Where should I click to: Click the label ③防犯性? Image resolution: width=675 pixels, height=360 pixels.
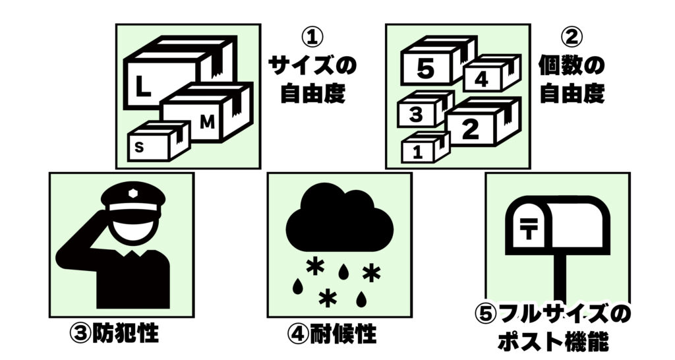[114, 333]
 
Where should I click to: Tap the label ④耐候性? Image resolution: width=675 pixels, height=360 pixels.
[332, 334]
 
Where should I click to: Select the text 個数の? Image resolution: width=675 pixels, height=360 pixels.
[572, 66]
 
